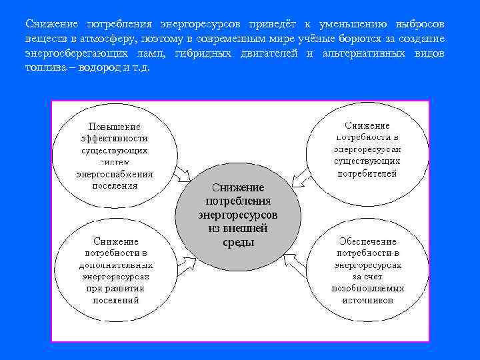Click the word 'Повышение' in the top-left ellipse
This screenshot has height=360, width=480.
[115, 126]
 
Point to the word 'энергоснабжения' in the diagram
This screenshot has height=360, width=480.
[115, 174]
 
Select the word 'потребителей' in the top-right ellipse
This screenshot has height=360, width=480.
[367, 173]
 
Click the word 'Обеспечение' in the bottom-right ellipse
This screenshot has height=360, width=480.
[367, 241]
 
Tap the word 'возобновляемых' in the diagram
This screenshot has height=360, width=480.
[367, 289]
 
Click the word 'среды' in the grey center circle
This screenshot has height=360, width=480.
[238, 242]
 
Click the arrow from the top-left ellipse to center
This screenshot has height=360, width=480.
[185, 175]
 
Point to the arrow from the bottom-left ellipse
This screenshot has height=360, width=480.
[186, 264]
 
